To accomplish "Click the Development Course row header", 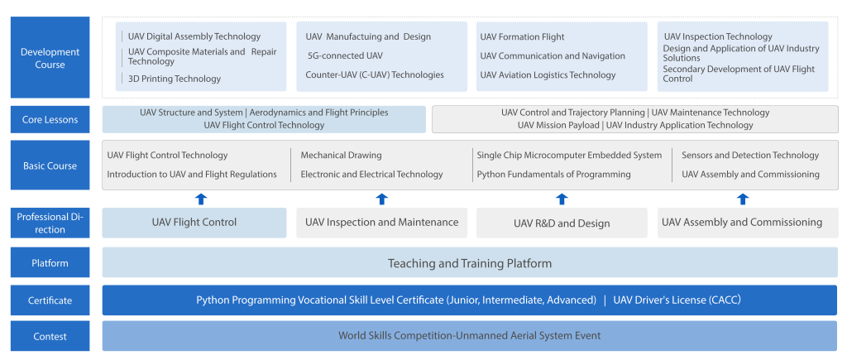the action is (x=50, y=57).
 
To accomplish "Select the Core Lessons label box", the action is (x=50, y=119).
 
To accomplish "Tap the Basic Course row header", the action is (x=50, y=166).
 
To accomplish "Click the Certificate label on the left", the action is (x=50, y=300).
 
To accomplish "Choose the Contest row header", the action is (x=50, y=336).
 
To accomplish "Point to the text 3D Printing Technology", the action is (x=175, y=79).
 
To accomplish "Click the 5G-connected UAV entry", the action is (x=345, y=55).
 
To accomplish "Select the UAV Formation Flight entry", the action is (x=523, y=36).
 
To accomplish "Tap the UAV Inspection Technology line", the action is (x=719, y=36).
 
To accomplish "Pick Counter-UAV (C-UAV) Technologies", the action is (x=375, y=74).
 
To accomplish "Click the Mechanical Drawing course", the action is (x=342, y=155).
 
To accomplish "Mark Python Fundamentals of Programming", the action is (x=553, y=174).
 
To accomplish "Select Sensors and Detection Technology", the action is (x=750, y=155).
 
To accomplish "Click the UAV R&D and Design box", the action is (x=562, y=223).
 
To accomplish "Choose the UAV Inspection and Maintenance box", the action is (x=382, y=223).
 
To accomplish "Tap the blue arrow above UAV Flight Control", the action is (x=200, y=199).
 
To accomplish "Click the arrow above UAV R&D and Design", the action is (x=562, y=199).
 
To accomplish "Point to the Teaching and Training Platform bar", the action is (x=470, y=262).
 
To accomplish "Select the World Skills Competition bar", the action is (x=470, y=336).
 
